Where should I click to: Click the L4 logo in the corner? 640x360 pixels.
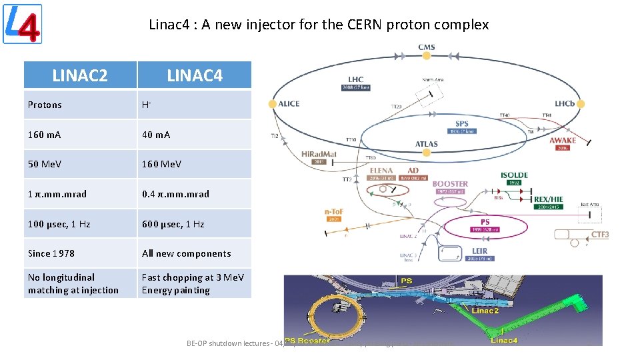[23, 24]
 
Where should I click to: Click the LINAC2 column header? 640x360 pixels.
[80, 75]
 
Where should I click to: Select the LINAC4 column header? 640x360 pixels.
[195, 75]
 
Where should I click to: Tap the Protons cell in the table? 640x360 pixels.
[45, 105]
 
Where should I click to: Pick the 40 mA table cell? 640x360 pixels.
[156, 135]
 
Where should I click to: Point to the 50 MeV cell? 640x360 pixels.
[45, 164]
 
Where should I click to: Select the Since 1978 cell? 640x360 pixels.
[51, 253]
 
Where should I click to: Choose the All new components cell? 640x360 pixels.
[187, 253]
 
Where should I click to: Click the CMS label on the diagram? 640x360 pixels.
[427, 47]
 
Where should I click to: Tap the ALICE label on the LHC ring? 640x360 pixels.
[289, 103]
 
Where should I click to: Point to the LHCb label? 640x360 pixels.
[569, 103]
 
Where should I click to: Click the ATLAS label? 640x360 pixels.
[427, 143]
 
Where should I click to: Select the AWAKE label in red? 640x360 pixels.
[563, 141]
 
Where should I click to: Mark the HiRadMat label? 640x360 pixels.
[319, 153]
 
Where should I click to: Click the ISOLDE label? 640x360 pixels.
[514, 175]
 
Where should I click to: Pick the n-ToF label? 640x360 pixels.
[333, 213]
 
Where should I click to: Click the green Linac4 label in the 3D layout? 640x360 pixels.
[503, 341]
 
